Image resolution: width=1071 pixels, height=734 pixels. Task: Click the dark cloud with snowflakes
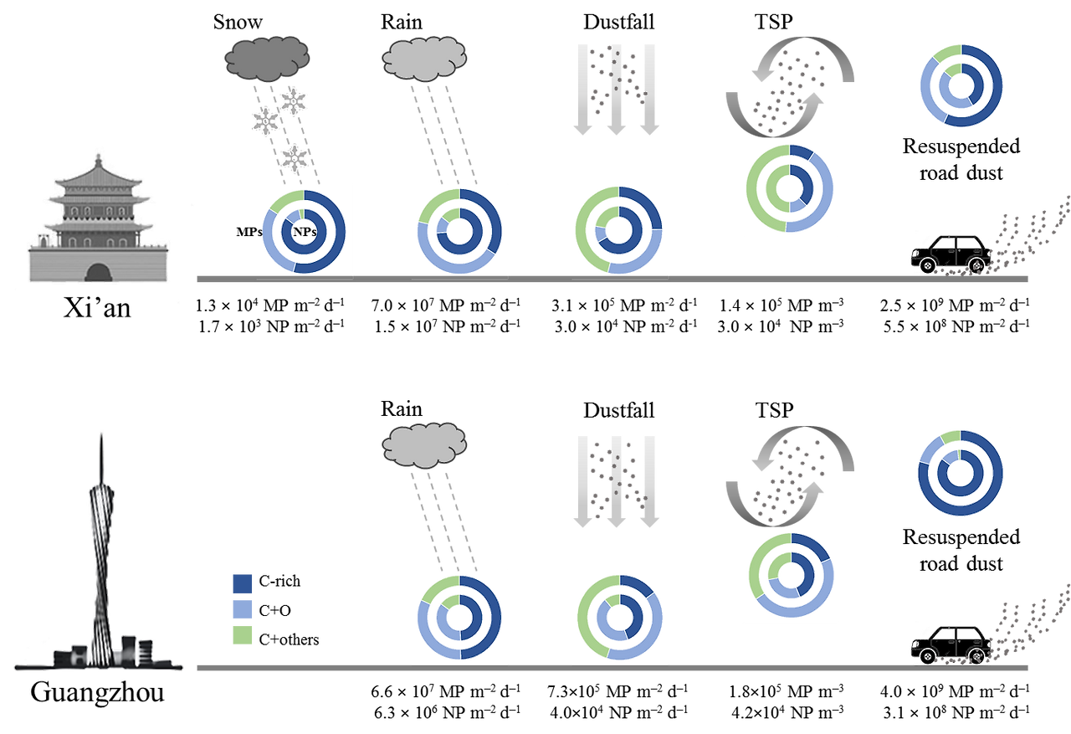(267, 57)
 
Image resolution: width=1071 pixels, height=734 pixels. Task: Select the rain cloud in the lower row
(424, 444)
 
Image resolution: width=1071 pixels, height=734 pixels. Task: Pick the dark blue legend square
(242, 583)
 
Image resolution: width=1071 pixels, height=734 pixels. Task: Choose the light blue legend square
(242, 608)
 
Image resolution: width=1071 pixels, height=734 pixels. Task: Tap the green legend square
(242, 634)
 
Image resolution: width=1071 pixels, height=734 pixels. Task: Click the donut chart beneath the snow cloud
(304, 231)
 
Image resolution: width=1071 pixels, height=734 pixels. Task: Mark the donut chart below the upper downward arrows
(618, 229)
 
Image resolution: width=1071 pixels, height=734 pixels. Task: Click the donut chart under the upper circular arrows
(789, 188)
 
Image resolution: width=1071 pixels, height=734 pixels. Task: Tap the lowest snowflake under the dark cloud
(294, 157)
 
